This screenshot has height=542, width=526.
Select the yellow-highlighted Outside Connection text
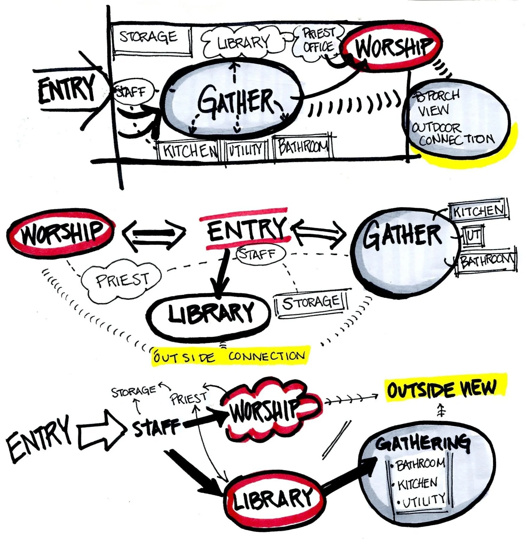[x=230, y=357]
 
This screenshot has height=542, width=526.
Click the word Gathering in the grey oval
[x=422, y=444]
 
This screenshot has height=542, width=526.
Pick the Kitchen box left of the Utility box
[x=189, y=150]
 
